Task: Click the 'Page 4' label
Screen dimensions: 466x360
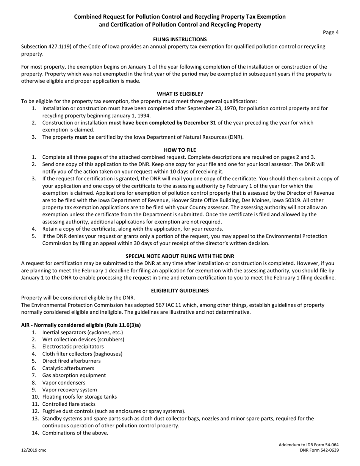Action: pos(331,32)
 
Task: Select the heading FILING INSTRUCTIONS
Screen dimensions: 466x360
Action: pos(180,39)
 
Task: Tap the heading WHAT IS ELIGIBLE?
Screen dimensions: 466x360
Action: pos(180,94)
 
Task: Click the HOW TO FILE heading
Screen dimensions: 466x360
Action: pos(180,150)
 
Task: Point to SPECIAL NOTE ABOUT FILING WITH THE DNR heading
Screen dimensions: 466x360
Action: pos(180,256)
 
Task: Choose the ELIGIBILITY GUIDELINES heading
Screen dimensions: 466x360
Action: pos(180,291)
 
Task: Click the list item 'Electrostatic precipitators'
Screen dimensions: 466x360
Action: pos(73,347)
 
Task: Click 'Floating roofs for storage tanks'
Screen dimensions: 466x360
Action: pos(80,397)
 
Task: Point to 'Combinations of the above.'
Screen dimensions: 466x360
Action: pos(75,433)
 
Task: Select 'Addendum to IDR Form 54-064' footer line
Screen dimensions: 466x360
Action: pos(308,444)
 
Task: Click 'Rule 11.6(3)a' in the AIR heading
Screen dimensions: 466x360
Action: pos(124,325)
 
